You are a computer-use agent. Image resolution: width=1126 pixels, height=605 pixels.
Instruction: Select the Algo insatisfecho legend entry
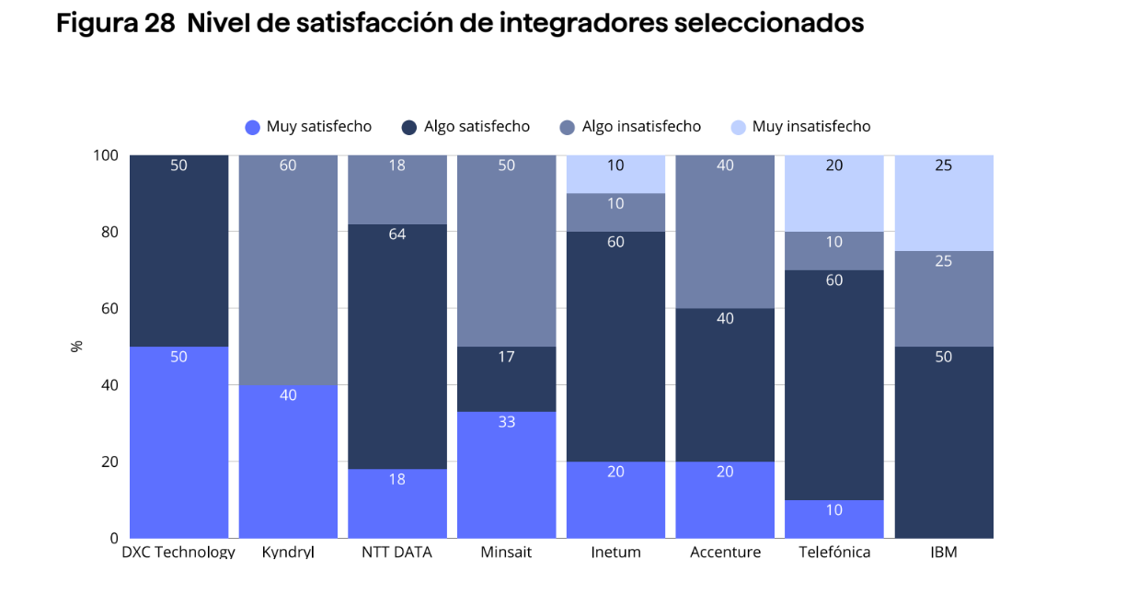631,127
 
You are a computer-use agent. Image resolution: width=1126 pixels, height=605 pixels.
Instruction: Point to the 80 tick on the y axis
108,232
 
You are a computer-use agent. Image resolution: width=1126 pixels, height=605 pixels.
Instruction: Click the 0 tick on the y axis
113,538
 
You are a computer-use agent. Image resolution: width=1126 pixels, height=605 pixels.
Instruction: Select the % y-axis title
76,347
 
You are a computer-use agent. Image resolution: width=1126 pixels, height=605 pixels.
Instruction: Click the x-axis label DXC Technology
178,553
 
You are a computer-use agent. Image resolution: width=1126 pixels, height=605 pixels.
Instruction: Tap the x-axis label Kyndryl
288,553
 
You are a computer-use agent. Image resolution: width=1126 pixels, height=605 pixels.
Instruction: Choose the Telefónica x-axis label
834,553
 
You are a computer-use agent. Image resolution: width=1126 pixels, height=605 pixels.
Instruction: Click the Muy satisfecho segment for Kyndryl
288,462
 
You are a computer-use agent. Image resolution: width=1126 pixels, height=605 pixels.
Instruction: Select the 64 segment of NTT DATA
396,347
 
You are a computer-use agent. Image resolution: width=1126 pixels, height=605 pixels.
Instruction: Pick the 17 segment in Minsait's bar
506,379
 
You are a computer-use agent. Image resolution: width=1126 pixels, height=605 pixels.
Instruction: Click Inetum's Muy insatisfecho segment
615,174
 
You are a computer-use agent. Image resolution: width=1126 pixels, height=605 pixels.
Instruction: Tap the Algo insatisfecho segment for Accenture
725,232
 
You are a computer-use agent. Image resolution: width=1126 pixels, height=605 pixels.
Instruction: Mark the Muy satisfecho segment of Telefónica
834,519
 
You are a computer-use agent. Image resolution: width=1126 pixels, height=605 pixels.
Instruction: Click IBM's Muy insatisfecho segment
943,203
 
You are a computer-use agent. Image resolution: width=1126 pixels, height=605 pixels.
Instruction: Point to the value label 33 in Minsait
506,423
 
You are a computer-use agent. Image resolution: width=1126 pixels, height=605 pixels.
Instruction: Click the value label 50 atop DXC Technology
178,166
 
